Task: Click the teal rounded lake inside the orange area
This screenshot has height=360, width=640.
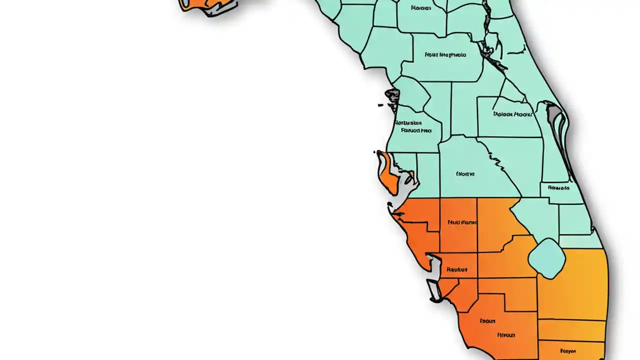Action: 546,258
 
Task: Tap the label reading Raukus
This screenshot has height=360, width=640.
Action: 456,270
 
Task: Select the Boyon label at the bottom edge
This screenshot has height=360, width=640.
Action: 567,351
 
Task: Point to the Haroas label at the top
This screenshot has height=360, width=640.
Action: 420,8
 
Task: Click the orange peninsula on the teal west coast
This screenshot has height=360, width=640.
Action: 387,172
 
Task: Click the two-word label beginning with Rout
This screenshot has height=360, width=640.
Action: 445,54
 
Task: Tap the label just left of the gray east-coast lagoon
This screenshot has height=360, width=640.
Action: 512,114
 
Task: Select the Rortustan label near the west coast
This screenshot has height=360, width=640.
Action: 408,122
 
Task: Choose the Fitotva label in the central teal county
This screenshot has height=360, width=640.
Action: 465,174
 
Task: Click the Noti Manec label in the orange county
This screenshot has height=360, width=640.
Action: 462,222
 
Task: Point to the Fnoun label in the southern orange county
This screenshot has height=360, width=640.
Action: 487,321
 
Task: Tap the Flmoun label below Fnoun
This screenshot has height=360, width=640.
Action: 505,335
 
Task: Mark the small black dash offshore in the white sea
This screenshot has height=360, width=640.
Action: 380,105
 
